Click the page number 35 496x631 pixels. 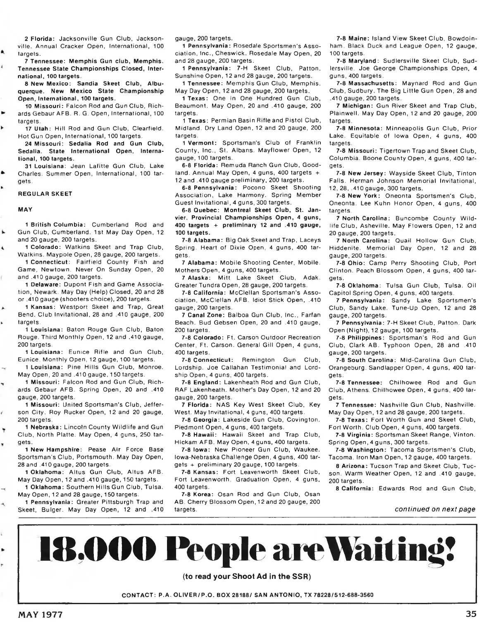coord(471,614)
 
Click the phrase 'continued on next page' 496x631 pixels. coord(435,509)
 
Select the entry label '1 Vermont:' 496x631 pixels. coord(200,143)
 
